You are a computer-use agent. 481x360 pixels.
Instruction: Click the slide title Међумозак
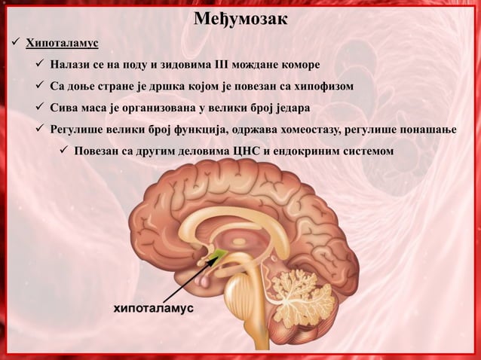pos(240,17)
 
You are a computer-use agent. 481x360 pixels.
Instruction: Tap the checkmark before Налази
pos(38,63)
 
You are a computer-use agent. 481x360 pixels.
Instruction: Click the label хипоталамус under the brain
pos(154,310)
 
